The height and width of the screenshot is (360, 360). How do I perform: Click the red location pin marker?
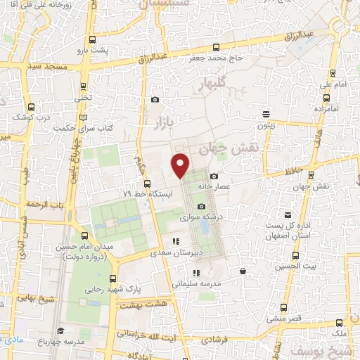tap(181, 165)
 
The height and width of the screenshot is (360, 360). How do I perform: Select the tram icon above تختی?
tap(84, 86)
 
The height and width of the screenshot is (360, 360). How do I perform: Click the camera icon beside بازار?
tap(155, 100)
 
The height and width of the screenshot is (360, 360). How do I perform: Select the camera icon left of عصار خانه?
tap(214, 176)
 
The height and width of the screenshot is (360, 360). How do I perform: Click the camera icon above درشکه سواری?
tap(202, 206)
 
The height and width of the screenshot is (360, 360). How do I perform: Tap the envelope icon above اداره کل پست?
tap(288, 214)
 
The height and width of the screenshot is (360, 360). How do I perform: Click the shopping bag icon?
tap(243, 271)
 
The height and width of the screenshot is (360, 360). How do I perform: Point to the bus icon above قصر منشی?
tap(283, 307)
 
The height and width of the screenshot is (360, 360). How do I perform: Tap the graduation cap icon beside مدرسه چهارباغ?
tap(61, 331)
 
